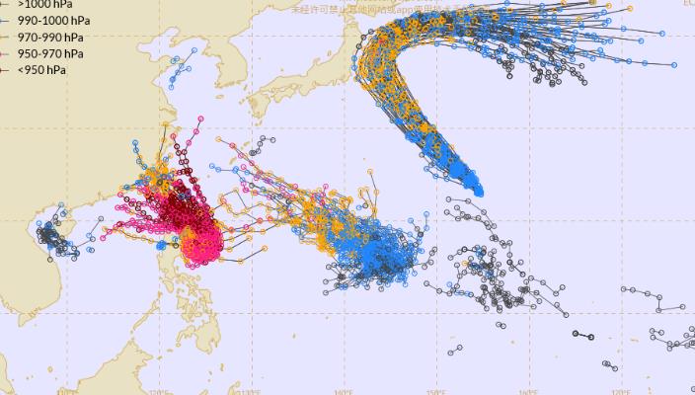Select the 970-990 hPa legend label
click(49, 37)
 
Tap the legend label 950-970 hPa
click(49, 53)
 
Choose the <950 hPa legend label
click(41, 70)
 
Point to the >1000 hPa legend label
click(44, 4)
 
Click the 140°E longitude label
click(343, 391)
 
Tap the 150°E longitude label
click(435, 391)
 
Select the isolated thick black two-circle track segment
click(582, 336)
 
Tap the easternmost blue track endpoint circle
click(674, 65)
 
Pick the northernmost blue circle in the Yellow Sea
click(184, 61)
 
